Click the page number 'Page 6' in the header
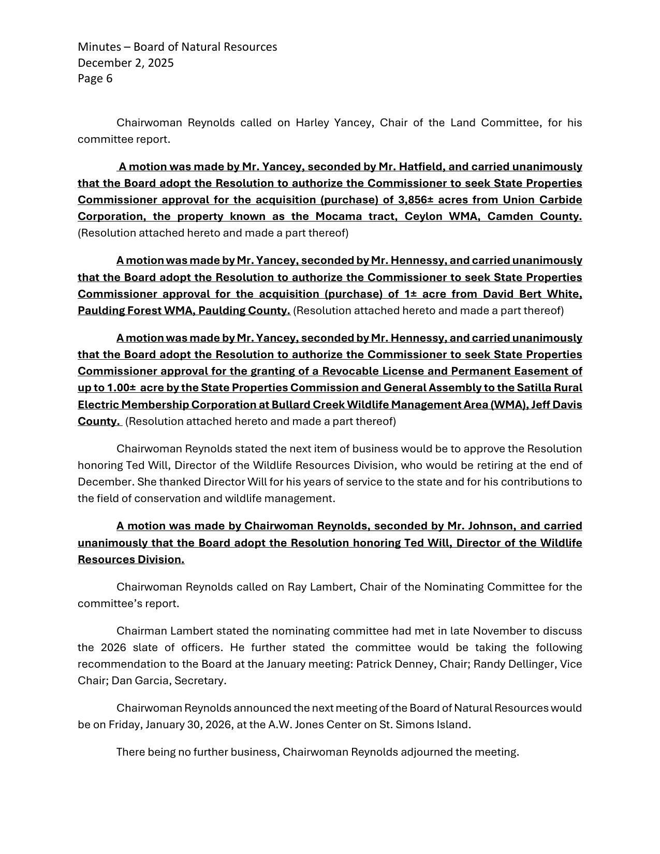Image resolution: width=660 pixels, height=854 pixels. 95,79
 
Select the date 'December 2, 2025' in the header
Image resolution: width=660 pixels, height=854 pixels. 126,63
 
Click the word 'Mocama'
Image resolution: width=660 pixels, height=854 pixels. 341,216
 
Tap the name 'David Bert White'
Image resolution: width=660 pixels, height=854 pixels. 533,294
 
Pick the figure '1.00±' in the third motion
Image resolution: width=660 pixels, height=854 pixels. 122,388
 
